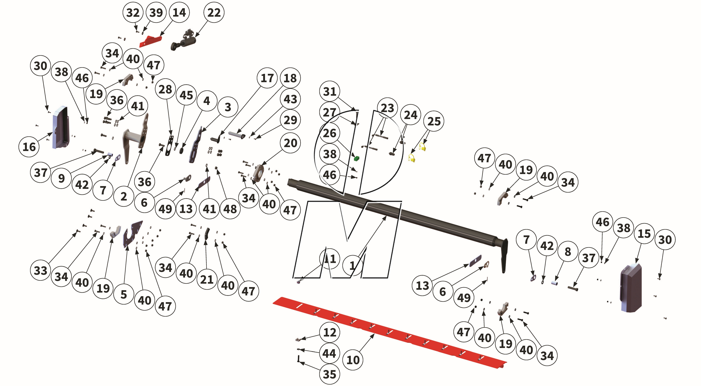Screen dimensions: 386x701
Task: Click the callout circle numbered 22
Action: point(214,13)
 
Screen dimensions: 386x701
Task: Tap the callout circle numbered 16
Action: point(29,147)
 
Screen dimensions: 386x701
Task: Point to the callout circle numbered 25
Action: point(434,121)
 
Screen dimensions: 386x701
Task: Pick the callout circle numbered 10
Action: point(353,360)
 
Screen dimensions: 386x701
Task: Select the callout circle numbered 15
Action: point(644,234)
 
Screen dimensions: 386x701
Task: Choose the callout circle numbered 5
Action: point(124,294)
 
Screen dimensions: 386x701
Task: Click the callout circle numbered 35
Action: point(330,374)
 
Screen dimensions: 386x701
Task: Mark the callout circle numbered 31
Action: point(330,91)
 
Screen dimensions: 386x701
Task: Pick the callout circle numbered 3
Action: point(228,107)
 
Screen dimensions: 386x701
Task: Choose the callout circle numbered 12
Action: point(330,332)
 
